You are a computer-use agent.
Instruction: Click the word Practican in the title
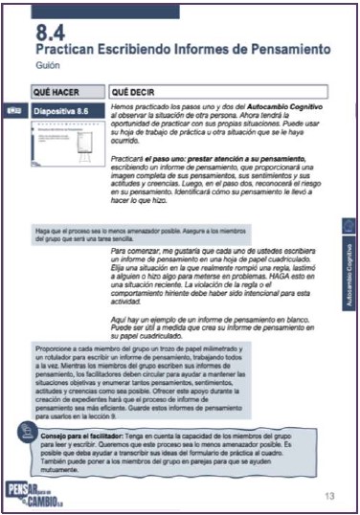click(69, 50)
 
